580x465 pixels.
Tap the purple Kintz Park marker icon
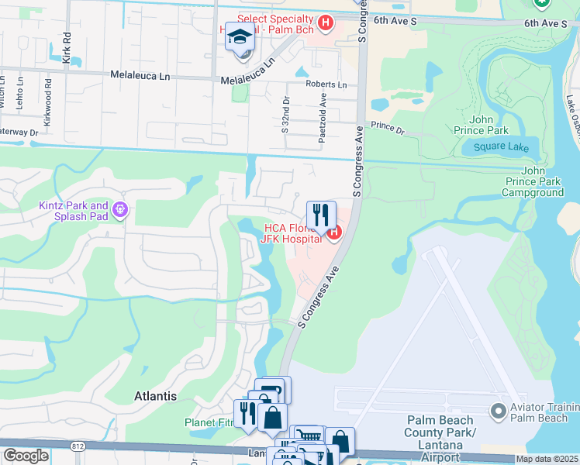point(119,209)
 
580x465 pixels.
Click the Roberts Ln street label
point(326,84)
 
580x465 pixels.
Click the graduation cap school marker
point(241,36)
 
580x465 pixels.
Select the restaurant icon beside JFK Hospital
point(321,215)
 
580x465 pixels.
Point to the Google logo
point(26,456)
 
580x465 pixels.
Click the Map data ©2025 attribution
point(547,459)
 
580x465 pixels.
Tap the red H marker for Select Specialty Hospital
point(326,23)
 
